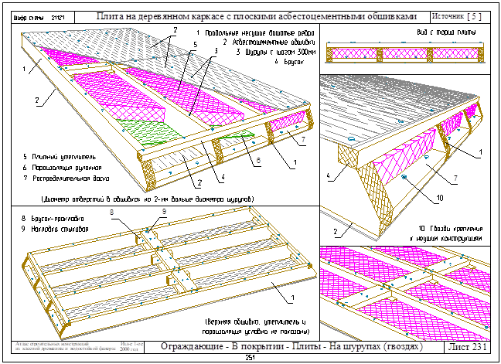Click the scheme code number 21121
click(x=56, y=15)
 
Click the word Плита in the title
click(x=113, y=15)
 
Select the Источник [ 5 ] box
click(x=456, y=15)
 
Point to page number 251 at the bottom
click(x=250, y=359)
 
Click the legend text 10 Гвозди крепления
click(x=452, y=230)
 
